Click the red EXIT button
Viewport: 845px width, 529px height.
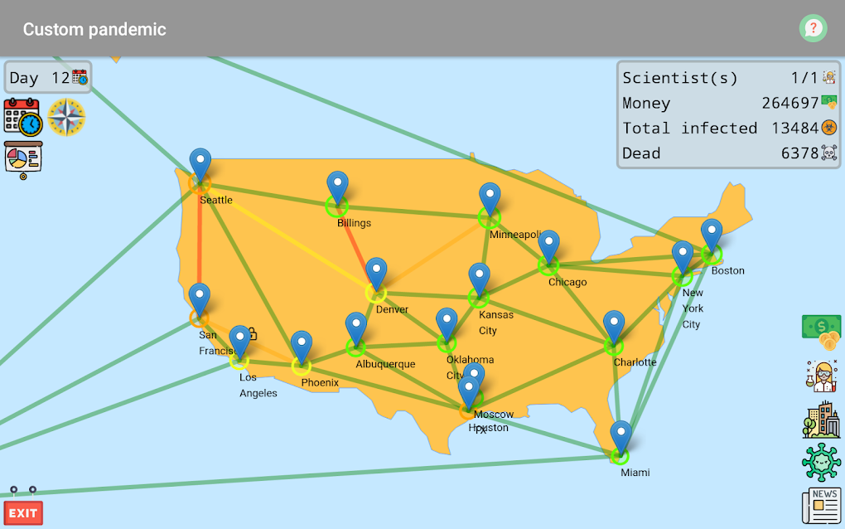tap(23, 512)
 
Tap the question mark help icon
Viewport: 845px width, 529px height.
tap(813, 28)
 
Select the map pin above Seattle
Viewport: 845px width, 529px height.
tap(200, 163)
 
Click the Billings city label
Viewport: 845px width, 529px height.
tap(354, 223)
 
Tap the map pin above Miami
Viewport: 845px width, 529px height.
tap(620, 436)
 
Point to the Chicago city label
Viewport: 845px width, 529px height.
tap(567, 282)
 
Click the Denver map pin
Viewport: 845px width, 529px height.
tap(376, 273)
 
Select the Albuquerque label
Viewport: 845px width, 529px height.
tap(385, 364)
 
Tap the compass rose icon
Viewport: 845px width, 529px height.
tap(66, 117)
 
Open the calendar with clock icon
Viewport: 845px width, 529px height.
tap(22, 116)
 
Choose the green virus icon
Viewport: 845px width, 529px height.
tap(821, 461)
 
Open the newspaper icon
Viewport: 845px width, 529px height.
tap(821, 505)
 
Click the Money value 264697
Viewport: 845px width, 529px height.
tap(789, 104)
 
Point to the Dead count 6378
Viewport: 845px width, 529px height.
tap(799, 153)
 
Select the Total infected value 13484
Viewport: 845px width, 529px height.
tap(794, 129)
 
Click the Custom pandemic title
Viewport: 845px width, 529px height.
tap(94, 29)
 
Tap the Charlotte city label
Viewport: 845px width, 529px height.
tap(635, 362)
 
